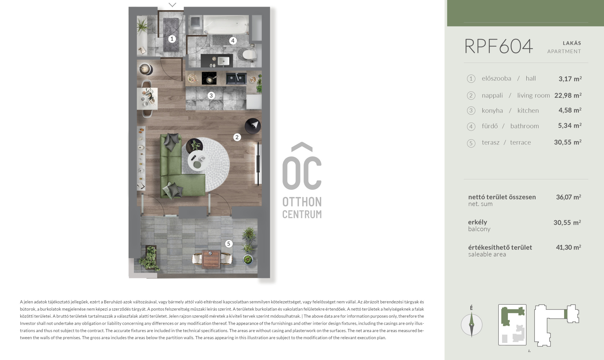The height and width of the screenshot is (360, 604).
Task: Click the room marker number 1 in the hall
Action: [172, 39]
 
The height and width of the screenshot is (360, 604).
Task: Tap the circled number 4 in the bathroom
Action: [233, 41]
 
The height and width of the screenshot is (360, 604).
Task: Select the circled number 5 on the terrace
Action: [229, 244]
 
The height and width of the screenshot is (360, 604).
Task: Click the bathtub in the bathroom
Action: [226, 25]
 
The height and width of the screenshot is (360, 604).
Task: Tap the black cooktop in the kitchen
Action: [209, 78]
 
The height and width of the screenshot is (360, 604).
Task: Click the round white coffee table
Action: [198, 160]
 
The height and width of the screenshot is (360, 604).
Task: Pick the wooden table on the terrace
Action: [212, 259]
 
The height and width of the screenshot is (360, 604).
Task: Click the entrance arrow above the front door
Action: [172, 5]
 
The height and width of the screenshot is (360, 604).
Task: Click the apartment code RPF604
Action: [499, 46]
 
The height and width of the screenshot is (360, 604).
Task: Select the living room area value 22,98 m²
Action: [568, 95]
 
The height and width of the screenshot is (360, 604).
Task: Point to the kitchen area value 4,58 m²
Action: [570, 110]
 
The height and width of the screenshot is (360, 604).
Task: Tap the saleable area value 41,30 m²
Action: [568, 247]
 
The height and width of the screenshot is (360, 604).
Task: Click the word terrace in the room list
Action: [520, 143]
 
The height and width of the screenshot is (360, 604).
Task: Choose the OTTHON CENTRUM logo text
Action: [302, 208]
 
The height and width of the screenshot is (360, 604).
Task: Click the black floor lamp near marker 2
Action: [253, 126]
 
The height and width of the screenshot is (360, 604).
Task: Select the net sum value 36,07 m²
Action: [568, 197]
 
